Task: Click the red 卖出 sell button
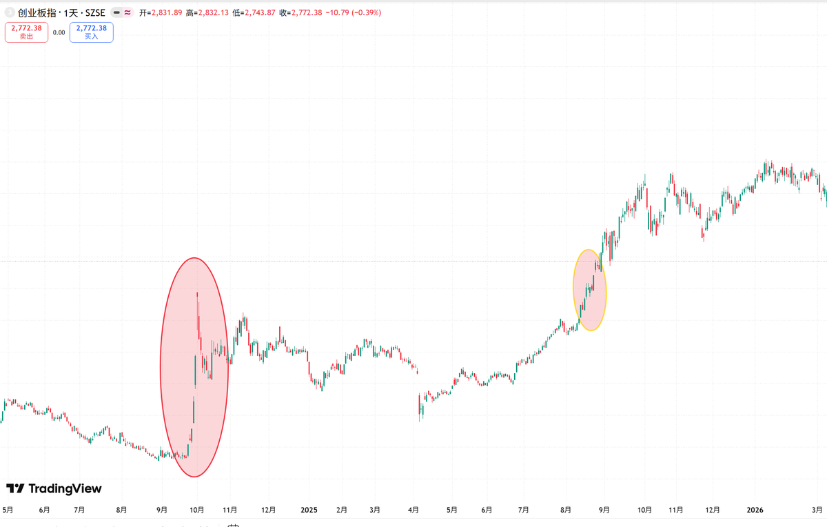26,32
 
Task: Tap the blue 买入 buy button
92,32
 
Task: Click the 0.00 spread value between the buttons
59,32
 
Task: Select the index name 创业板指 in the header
37,13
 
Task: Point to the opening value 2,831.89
167,13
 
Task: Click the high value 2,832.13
214,13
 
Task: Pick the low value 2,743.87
260,13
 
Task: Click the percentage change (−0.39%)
366,13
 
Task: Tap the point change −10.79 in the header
337,13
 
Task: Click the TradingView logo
54,488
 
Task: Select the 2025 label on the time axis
309,510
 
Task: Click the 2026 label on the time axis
755,510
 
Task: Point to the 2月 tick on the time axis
342,510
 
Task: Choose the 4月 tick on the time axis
413,510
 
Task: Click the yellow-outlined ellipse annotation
573,290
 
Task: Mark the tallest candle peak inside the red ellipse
197,293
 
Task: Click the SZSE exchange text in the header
95,13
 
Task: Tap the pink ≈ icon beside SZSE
127,13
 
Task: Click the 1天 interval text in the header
71,13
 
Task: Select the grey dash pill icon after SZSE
116,13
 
